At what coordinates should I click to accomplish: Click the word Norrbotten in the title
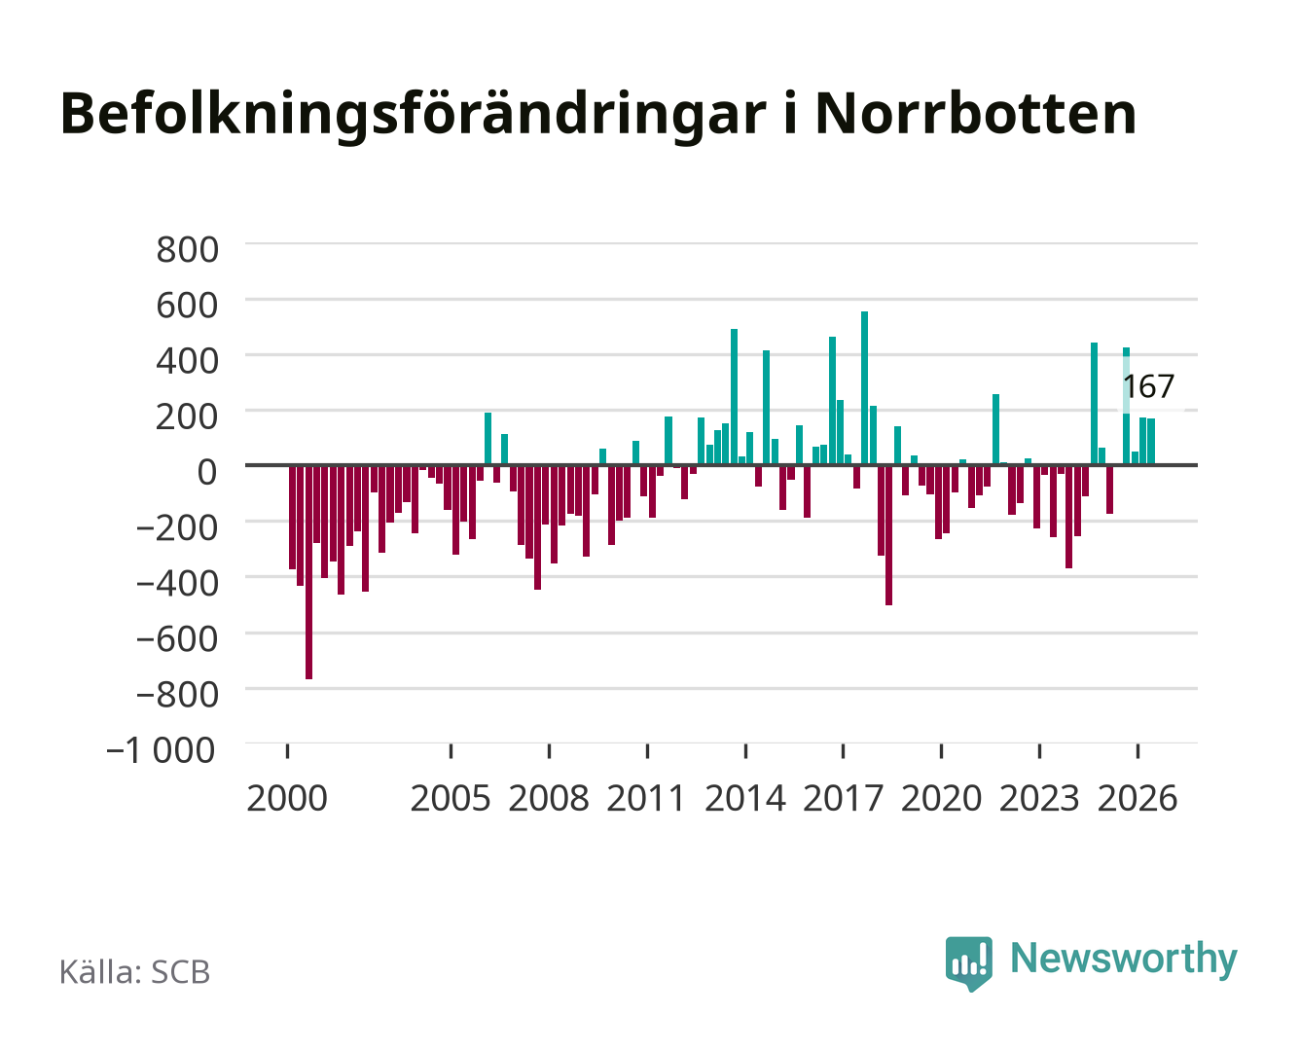(x=975, y=114)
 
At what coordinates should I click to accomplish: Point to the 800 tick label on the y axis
(x=187, y=250)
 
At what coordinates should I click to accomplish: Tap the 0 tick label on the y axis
(x=207, y=472)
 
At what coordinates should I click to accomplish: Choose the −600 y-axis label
(x=177, y=639)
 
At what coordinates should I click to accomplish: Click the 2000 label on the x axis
(x=287, y=798)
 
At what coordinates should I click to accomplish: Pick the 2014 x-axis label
(x=745, y=798)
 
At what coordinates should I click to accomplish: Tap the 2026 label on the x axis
(x=1137, y=798)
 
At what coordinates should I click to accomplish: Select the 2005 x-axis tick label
(x=451, y=798)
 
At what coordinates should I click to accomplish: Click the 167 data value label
(x=1148, y=386)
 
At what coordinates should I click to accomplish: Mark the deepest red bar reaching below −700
(x=308, y=572)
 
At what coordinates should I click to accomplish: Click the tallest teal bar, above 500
(x=864, y=388)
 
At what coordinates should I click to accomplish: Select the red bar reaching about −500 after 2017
(x=888, y=535)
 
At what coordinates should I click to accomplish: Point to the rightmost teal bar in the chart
(x=1150, y=441)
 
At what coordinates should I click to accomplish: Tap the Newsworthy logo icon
(x=968, y=963)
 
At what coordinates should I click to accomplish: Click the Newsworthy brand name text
(x=1124, y=959)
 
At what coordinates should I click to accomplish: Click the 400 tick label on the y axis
(x=187, y=361)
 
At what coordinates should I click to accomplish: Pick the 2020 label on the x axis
(x=941, y=798)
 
